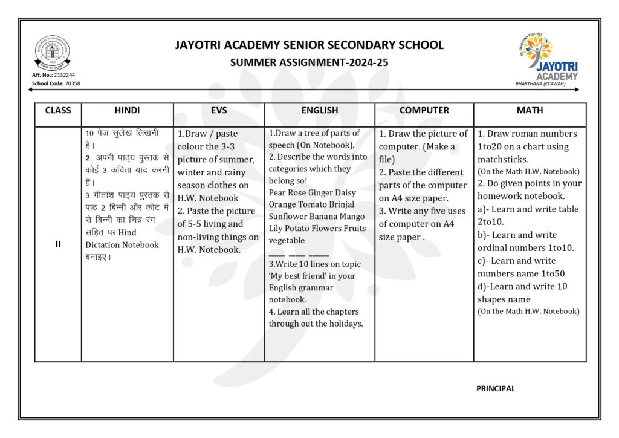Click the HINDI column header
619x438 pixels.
[x=127, y=110]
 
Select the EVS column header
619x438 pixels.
[x=219, y=110]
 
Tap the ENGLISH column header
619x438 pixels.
[x=320, y=110]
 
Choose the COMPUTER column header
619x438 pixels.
[x=424, y=110]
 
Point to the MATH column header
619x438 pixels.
[x=530, y=110]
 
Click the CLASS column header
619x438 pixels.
[x=58, y=110]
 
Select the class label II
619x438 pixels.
[x=58, y=244]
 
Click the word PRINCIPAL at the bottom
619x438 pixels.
[x=496, y=389]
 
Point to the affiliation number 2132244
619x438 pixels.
[x=65, y=75]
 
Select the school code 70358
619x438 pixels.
[x=73, y=83]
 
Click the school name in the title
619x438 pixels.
[x=309, y=45]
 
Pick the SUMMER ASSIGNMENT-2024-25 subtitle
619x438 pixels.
[x=309, y=62]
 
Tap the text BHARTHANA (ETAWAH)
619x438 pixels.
[x=540, y=84]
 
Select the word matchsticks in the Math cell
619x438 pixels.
[x=503, y=160]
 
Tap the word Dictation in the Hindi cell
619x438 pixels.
[x=102, y=245]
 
